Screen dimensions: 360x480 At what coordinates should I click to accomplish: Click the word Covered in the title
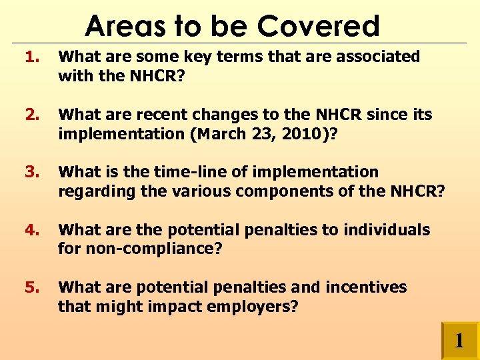[318, 26]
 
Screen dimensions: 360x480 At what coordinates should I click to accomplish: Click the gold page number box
[459, 341]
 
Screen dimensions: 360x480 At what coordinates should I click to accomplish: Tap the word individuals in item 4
[387, 230]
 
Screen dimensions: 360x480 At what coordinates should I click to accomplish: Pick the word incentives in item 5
[366, 287]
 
